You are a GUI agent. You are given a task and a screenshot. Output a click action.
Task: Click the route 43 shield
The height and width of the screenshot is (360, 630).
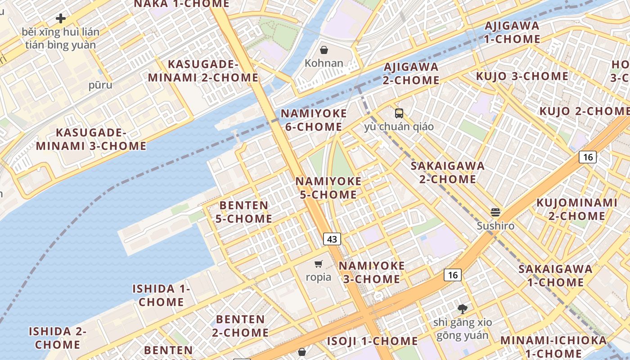(x=332, y=239)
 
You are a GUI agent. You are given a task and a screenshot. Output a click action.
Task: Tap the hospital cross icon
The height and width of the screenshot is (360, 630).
(x=61, y=18)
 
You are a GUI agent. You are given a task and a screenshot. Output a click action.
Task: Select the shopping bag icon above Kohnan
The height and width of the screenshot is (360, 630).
(x=324, y=49)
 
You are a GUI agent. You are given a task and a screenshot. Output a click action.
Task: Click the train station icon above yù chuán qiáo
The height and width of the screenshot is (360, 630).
(x=399, y=113)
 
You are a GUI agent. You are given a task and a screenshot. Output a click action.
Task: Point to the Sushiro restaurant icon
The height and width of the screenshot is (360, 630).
(x=495, y=212)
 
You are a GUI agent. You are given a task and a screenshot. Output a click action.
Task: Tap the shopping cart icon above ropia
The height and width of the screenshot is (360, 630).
(x=319, y=264)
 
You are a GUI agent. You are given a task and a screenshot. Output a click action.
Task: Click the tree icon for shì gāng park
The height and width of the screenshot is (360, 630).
(x=462, y=309)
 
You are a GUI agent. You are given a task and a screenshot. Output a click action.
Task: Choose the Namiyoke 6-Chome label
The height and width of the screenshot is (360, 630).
(x=314, y=120)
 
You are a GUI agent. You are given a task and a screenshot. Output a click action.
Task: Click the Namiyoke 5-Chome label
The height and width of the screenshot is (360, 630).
(x=328, y=188)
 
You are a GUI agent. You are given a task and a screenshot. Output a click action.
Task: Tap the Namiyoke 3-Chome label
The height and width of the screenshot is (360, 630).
(x=372, y=272)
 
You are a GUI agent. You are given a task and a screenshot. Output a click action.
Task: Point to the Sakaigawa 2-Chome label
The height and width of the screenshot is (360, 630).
(x=448, y=172)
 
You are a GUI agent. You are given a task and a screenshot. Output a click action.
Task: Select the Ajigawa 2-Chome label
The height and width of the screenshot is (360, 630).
(x=411, y=74)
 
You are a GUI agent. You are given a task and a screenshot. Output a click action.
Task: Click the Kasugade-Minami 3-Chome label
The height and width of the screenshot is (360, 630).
(x=91, y=139)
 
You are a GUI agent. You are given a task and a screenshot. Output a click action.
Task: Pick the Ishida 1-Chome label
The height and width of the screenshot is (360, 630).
(x=161, y=295)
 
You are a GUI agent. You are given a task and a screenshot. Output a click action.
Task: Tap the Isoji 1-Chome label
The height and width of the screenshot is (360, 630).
(x=372, y=341)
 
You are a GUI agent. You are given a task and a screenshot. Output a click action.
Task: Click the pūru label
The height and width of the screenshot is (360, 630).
(x=100, y=85)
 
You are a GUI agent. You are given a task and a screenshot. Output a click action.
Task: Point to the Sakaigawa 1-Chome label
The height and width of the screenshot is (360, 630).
(x=555, y=276)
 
